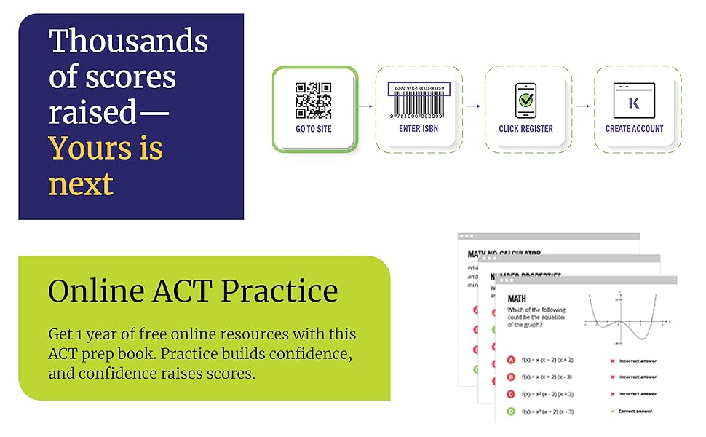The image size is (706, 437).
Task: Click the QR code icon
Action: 313,100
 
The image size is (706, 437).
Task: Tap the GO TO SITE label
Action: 313,129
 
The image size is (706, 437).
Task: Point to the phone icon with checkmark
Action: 525,100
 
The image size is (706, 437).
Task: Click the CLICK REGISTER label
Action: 525,129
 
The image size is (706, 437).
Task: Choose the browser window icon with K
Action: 634,100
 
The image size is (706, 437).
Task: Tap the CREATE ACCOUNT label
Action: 634,129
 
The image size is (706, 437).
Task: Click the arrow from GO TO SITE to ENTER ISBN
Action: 366,106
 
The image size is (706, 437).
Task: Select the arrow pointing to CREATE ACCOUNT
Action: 583,106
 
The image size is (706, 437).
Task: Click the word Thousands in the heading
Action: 128,42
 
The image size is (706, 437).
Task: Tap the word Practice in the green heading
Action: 279,291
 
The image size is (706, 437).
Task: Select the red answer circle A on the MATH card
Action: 512,360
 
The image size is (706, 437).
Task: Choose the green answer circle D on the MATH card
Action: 512,412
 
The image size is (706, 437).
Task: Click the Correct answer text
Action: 636,412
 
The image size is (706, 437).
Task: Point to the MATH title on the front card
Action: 516,299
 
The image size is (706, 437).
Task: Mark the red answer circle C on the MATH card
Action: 512,394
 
